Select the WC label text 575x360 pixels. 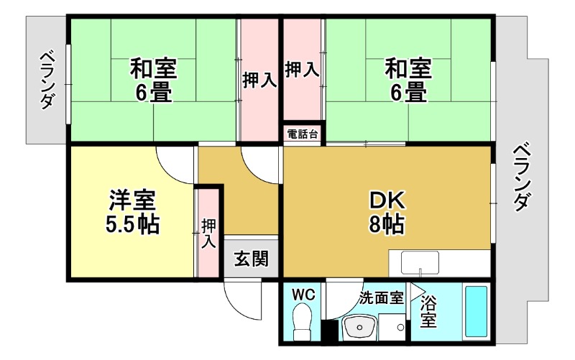[x=303, y=295]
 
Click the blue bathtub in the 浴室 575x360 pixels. [x=476, y=313]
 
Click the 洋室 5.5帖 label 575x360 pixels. [x=132, y=212]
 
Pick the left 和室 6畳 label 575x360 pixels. [x=152, y=80]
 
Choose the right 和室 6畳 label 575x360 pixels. [x=408, y=80]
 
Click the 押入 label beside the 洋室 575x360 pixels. [x=208, y=234]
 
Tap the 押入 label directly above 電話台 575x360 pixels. [x=302, y=70]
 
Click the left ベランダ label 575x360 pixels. [x=47, y=79]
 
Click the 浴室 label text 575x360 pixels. [x=428, y=310]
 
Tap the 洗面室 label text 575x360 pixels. [x=381, y=295]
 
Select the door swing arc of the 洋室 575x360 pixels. [x=174, y=164]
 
